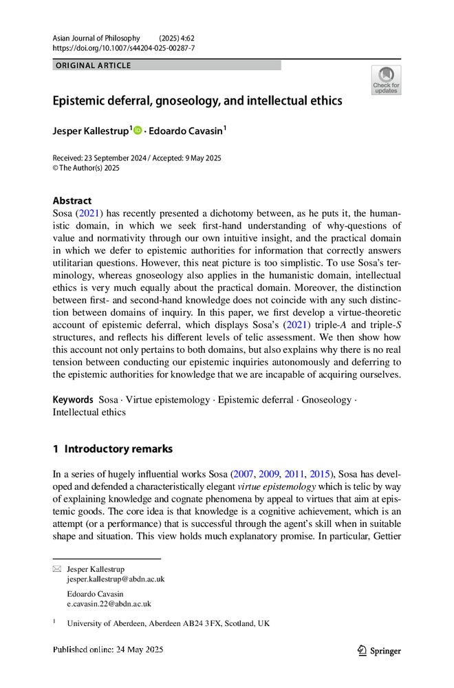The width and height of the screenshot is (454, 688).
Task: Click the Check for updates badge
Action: point(386,80)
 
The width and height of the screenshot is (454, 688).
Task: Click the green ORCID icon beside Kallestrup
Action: point(137,129)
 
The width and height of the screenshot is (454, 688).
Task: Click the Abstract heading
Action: point(72,201)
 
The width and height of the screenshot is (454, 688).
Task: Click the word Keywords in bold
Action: point(73,400)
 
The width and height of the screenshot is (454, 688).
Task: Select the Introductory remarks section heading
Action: point(118,449)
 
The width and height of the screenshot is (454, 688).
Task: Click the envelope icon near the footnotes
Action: point(57,570)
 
